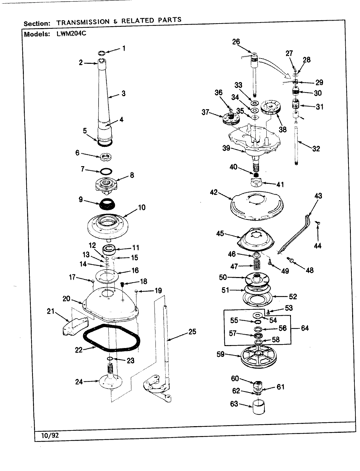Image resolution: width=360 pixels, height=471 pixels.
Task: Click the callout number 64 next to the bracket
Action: click(x=304, y=328)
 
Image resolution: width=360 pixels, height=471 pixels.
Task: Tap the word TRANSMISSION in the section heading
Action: click(x=83, y=22)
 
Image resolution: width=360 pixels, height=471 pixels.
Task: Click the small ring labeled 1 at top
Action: click(x=102, y=53)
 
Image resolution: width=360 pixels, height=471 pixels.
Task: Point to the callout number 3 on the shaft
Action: click(x=123, y=93)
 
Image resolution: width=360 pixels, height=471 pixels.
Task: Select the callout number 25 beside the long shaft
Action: click(x=192, y=332)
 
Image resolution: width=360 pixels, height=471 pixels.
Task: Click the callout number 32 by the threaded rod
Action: click(x=315, y=148)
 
